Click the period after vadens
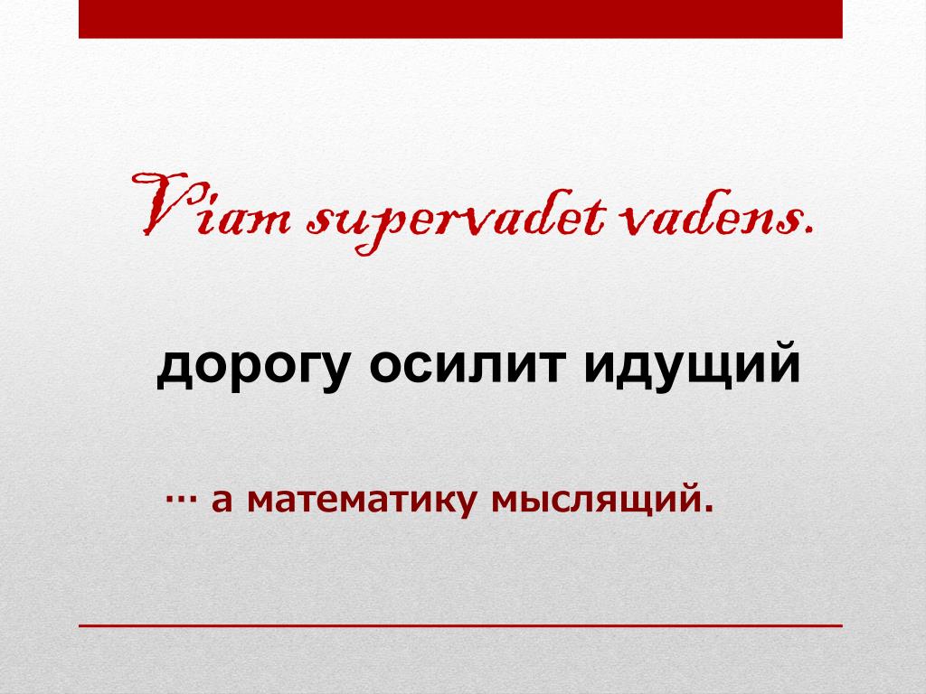click(808, 230)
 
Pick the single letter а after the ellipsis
click(222, 501)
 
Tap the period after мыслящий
click(708, 508)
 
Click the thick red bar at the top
click(460, 19)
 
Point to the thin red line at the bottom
click(460, 625)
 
